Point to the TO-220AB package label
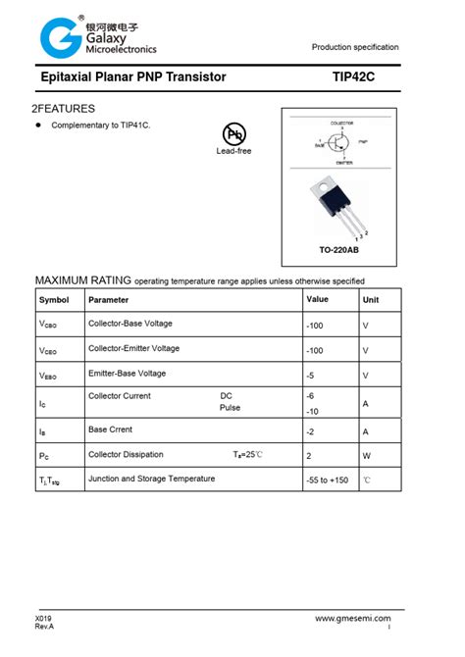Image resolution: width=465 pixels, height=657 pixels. [x=339, y=250]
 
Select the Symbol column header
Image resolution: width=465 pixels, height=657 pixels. [x=54, y=299]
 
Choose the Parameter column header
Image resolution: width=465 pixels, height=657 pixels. [x=108, y=299]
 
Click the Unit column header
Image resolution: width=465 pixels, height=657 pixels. [x=371, y=300]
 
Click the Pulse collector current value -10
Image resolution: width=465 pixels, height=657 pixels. [x=315, y=411]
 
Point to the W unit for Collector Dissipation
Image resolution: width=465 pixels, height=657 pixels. [x=366, y=456]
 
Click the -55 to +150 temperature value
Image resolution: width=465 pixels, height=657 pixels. [x=328, y=480]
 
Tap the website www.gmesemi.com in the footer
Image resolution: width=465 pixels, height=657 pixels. [x=353, y=619]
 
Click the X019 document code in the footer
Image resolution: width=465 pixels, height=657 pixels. [x=44, y=619]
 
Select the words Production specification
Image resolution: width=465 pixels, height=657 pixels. [x=355, y=47]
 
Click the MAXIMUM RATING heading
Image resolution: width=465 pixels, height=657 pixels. [x=82, y=278]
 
